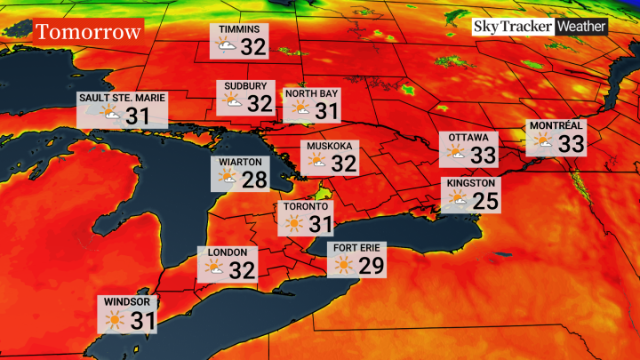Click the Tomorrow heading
pyautogui.click(x=88, y=33)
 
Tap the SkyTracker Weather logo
pyautogui.click(x=540, y=28)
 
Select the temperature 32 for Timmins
pyautogui.click(x=253, y=46)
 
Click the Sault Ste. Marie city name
pyautogui.click(x=122, y=97)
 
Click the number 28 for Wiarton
pyautogui.click(x=254, y=180)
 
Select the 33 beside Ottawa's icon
pyautogui.click(x=484, y=155)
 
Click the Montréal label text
pyautogui.click(x=556, y=126)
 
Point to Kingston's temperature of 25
pyautogui.click(x=484, y=200)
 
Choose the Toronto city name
pyautogui.click(x=305, y=206)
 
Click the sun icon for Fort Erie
pyautogui.click(x=344, y=265)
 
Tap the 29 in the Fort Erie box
pyautogui.click(x=372, y=265)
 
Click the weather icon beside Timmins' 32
pyautogui.click(x=227, y=46)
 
